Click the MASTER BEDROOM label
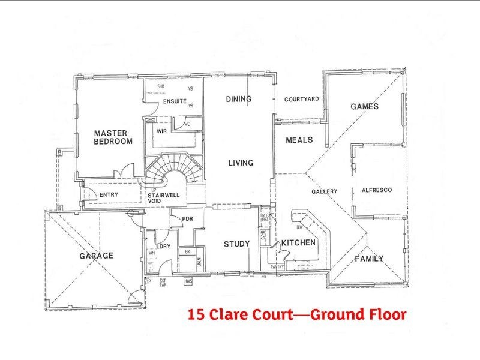point(113,137)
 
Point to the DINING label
point(238,99)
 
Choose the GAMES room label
point(364,107)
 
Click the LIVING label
point(241,163)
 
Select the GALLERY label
point(324,191)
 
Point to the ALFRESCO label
point(377,190)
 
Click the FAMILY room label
point(369,259)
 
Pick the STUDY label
point(236,244)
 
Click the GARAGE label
point(96,256)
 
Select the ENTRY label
point(109,194)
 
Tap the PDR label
point(187,218)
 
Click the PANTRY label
point(277,266)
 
